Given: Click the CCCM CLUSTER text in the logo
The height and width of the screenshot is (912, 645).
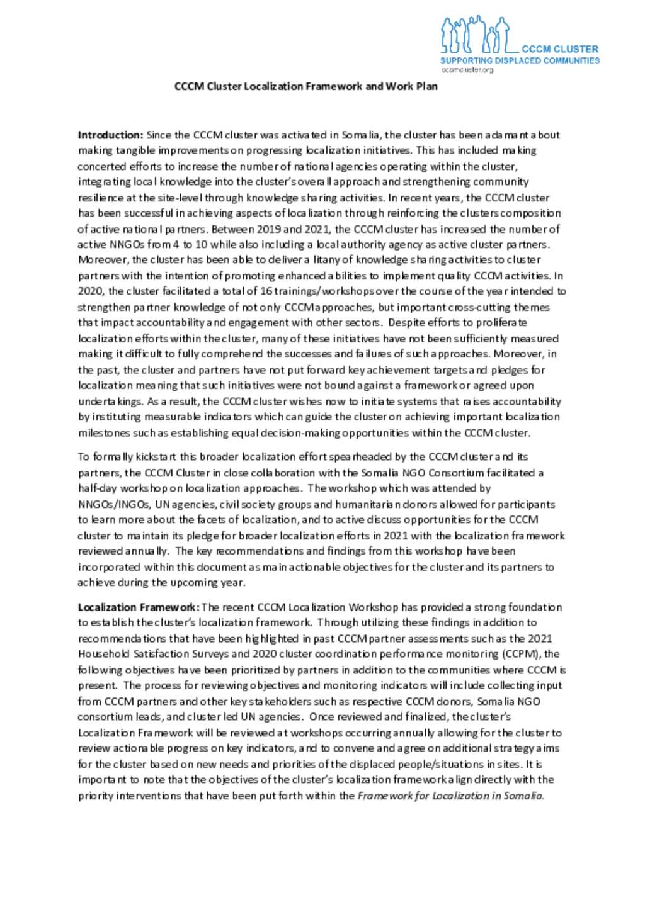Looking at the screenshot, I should click(x=560, y=48).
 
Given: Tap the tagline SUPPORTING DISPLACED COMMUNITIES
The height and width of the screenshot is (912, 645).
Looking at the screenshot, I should click(x=520, y=60).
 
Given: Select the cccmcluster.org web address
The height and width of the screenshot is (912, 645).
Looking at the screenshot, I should click(x=467, y=70).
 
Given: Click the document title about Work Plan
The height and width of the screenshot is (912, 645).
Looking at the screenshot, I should click(x=306, y=86).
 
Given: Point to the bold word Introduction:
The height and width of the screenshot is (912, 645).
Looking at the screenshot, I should click(x=110, y=135).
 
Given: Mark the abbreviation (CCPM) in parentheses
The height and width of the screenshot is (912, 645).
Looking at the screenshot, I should click(x=525, y=654).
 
